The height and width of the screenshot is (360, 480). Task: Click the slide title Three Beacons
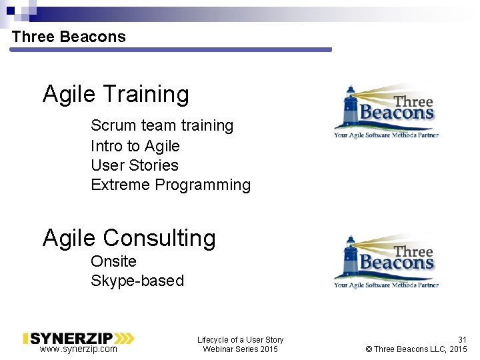click(69, 37)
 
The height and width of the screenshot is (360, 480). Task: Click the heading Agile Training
click(116, 94)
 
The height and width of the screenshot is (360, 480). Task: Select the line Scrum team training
click(162, 125)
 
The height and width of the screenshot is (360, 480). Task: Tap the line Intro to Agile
click(135, 145)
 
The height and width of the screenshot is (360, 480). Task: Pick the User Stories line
click(135, 165)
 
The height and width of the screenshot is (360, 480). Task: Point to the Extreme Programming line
click(171, 185)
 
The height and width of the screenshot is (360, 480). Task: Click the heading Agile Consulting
click(129, 237)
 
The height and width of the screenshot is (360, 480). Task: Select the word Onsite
click(113, 261)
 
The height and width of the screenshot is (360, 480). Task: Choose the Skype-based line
click(137, 281)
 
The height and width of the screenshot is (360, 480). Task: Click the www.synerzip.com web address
click(78, 349)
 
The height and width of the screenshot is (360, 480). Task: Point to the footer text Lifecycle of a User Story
click(240, 340)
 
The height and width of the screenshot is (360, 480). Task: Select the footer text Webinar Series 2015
click(240, 349)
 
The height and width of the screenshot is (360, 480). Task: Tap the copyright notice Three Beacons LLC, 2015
click(417, 349)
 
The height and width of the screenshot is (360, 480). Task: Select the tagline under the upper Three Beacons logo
click(386, 135)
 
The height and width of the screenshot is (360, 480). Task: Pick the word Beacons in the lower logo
click(397, 263)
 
